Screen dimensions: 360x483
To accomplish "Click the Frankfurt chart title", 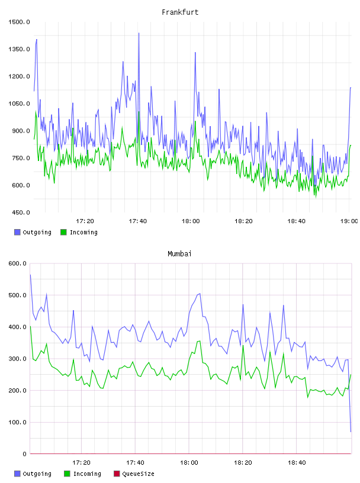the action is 180,12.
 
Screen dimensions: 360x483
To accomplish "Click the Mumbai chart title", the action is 179,254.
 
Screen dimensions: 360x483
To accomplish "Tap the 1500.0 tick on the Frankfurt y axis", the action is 19,22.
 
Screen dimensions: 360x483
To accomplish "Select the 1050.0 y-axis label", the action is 19,104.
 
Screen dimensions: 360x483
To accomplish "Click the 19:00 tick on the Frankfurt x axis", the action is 349,221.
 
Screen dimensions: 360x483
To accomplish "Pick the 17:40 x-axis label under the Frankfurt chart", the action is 138,221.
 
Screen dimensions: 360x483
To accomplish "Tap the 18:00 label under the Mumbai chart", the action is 189,463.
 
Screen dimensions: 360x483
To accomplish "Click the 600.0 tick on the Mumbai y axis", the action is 18,263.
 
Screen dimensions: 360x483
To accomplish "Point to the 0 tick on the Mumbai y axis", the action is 25,454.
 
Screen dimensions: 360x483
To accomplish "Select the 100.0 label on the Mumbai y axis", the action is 18,422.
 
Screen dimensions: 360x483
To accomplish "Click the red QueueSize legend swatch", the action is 117,474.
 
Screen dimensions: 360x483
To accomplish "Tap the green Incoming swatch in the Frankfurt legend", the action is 63,232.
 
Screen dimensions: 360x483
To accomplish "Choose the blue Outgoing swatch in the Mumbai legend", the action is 17,474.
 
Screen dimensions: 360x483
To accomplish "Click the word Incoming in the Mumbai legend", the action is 87,474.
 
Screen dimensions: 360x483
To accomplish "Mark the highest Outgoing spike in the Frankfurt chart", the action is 139,33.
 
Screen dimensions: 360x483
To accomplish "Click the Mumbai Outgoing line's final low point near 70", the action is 351,432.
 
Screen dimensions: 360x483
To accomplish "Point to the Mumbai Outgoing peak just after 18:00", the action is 200,294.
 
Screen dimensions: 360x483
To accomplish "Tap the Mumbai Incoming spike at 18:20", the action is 243,346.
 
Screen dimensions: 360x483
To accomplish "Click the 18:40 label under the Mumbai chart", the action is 297,463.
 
